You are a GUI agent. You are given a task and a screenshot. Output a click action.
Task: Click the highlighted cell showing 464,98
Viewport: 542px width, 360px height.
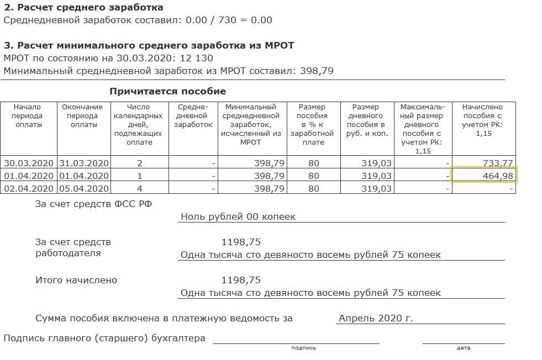tap(484, 176)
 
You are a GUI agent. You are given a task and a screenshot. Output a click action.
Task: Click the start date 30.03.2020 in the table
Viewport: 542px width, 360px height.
tap(28, 163)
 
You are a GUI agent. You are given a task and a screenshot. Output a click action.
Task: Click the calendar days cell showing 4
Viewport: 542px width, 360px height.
tap(140, 188)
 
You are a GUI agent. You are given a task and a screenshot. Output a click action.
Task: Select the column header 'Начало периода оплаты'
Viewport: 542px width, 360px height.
tap(28, 116)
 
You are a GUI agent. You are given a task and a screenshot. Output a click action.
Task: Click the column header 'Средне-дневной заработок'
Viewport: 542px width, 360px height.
tap(193, 116)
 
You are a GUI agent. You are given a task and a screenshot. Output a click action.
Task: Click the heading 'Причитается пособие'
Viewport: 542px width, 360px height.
tap(167, 91)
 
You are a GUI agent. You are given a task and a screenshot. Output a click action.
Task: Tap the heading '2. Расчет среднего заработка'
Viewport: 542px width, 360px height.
tap(83, 8)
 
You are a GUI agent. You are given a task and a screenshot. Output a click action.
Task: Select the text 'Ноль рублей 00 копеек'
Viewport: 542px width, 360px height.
tap(238, 216)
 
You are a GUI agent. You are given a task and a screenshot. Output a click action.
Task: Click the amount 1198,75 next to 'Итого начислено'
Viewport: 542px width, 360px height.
tap(241, 280)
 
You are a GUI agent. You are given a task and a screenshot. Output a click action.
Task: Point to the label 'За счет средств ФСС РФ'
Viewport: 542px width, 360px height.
tap(93, 204)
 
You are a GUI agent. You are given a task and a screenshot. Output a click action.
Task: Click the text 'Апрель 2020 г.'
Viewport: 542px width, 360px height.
tap(376, 318)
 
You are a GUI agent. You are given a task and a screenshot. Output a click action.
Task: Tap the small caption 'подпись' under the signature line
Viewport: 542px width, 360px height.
tap(303, 348)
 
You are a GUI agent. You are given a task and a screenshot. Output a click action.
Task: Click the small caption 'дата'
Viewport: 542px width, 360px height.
tap(464, 348)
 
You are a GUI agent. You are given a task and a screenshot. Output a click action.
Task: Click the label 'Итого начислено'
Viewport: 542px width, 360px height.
tap(76, 280)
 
